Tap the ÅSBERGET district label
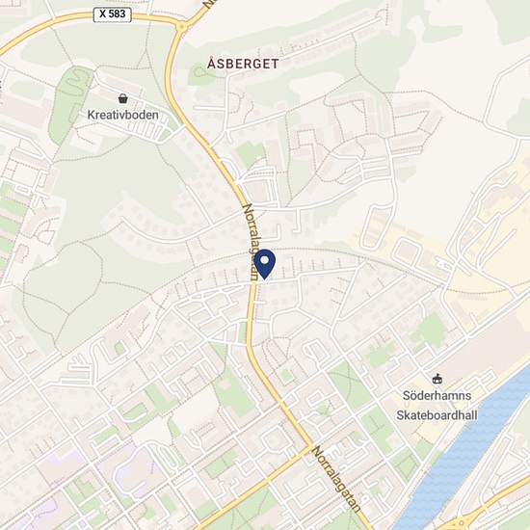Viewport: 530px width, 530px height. pos(243,64)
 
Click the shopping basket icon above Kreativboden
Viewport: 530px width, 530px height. pos(122,98)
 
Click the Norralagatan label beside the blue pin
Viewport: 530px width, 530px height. pos(250,240)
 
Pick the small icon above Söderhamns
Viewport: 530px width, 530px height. pos(437,378)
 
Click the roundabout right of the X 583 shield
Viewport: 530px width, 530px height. pos(181,26)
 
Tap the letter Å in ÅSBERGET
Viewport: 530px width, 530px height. pos(211,64)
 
